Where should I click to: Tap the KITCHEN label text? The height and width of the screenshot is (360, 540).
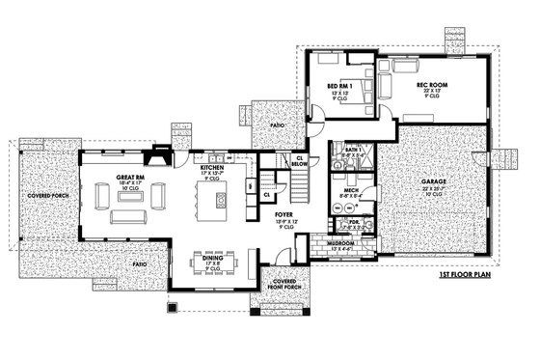pos(212,165)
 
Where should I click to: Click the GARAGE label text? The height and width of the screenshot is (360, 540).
pos(433,180)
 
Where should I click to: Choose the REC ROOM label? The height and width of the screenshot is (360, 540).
pos(429,84)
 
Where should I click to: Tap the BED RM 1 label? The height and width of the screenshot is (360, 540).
pos(339,84)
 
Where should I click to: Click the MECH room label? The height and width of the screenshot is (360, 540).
pos(353,191)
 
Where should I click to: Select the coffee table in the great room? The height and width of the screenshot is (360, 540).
pos(130,200)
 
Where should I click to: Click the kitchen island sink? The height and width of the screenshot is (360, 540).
pos(221,200)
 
